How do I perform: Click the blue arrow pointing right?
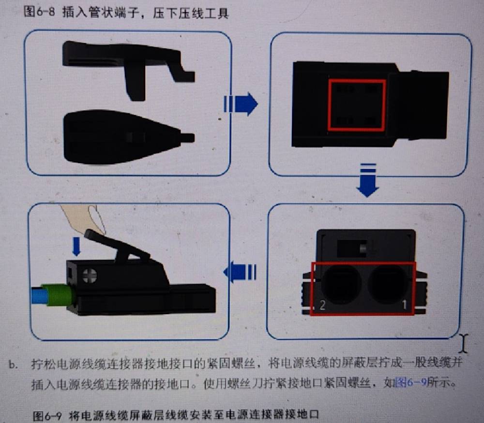241,104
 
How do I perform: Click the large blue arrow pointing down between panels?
367,180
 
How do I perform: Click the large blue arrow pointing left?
240,272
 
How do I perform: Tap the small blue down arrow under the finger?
76,246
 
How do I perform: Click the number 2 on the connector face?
322,305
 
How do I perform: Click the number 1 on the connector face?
404,305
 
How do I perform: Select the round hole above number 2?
341,284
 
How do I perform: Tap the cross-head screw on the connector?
90,276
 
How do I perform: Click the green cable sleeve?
59,295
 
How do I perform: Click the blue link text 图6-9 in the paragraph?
411,383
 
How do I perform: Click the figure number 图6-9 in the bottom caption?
47,416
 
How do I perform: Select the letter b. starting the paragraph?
13,365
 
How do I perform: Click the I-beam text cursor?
463,343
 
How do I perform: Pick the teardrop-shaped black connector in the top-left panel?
123,137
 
